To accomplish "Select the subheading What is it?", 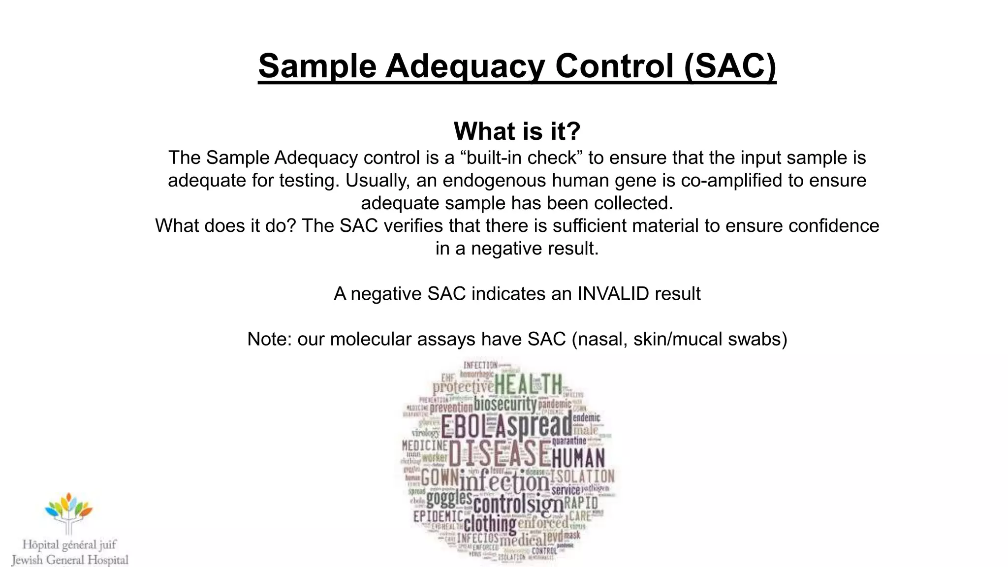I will [517, 131].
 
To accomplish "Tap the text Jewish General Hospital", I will [70, 560].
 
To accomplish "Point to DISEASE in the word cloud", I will [499, 454].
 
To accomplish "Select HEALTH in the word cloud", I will [528, 384].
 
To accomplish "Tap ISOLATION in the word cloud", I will [582, 476].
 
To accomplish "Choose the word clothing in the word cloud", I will [490, 524].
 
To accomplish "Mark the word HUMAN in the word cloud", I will [578, 459].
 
